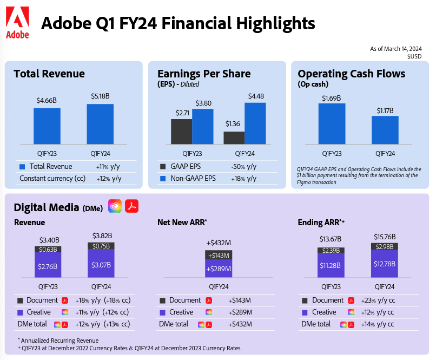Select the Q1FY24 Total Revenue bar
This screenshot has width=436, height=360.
tap(100, 124)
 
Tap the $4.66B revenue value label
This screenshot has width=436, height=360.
tap(47, 100)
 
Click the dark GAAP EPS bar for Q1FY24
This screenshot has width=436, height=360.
tap(234, 138)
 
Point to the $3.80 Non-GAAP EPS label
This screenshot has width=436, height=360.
tap(203, 103)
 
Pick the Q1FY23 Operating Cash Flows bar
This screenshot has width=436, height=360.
tap(332, 123)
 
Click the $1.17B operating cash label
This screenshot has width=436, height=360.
tap(385, 110)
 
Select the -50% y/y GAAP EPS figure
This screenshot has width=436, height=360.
tap(244, 166)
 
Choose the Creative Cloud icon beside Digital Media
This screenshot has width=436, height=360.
tap(115, 206)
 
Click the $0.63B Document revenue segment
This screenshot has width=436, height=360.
tap(48, 249)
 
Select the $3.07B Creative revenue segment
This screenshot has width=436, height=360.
tap(101, 265)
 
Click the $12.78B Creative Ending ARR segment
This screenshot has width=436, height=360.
tap(385, 264)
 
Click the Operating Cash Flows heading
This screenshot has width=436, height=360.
tap(351, 74)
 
